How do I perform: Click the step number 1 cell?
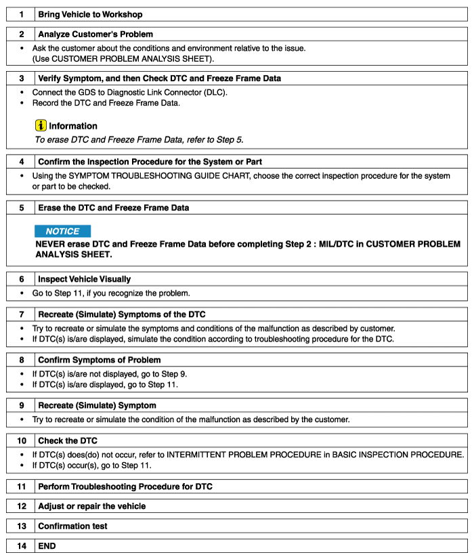click(21, 14)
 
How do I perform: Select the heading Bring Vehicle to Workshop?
click(90, 14)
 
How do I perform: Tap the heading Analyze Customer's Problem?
click(95, 34)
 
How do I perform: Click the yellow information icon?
click(41, 125)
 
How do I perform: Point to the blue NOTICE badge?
click(62, 231)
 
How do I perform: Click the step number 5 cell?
click(21, 207)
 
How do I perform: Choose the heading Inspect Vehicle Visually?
click(85, 278)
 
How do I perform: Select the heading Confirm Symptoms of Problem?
click(100, 360)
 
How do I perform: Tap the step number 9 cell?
click(21, 405)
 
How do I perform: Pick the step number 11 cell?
click(21, 486)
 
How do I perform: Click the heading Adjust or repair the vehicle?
click(92, 506)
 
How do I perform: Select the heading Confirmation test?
click(72, 526)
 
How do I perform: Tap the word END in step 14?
click(47, 545)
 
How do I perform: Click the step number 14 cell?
click(21, 545)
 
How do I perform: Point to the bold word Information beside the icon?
click(73, 126)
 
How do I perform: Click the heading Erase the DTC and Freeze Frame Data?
click(114, 207)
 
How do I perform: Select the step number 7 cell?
click(21, 314)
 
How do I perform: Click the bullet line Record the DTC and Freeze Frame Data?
click(106, 103)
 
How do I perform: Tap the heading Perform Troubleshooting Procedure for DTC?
click(126, 486)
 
